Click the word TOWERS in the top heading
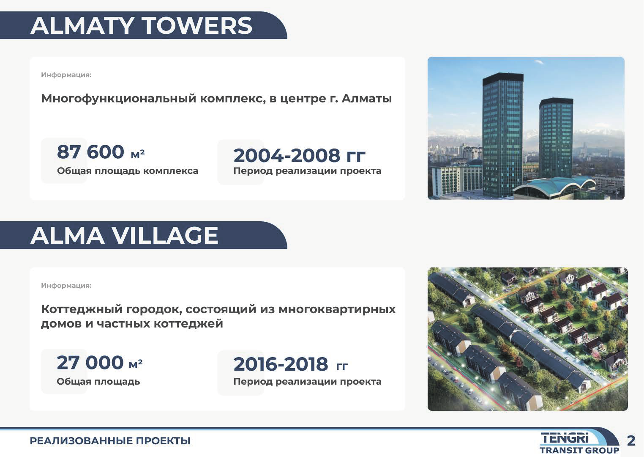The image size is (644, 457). point(198,26)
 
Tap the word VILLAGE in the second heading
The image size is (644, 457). point(165,236)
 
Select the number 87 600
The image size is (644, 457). point(90,151)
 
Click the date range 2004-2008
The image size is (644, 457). point(287,155)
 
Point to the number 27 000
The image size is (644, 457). point(90,362)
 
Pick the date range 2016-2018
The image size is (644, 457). point(281,364)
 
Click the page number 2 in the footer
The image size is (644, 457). point(631,440)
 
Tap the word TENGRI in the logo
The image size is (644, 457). point(565,438)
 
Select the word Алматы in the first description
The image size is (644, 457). point(367,99)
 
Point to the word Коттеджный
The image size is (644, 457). point(82,310)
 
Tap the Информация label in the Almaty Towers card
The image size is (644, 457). point(66,75)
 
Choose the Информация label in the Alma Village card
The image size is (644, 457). point(66,286)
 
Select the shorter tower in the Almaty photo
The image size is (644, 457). point(556,138)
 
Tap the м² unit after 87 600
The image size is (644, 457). point(138,154)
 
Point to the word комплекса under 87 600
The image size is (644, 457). point(171,171)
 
